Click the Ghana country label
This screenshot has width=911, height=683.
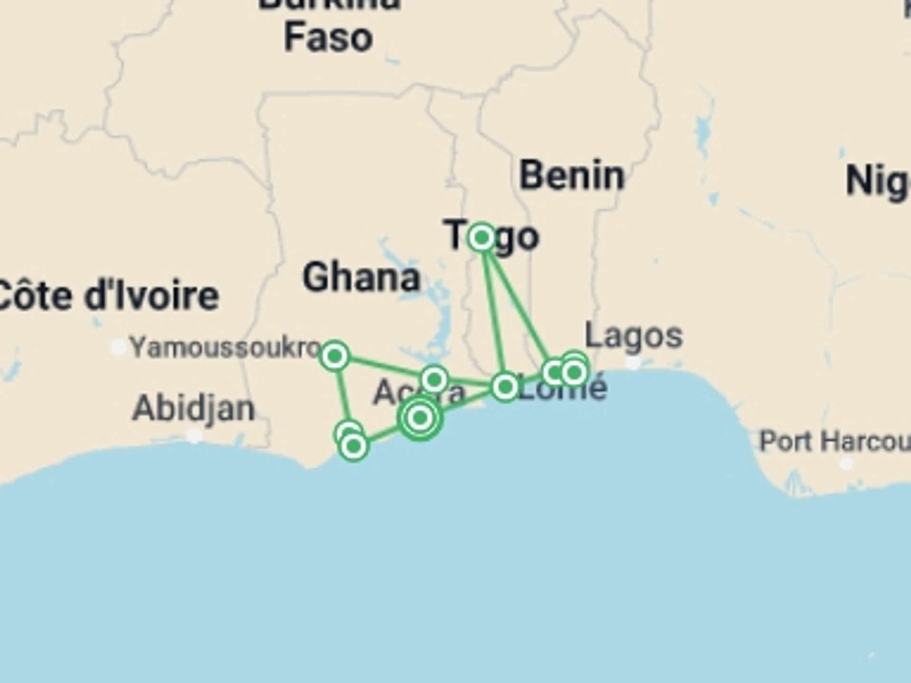(362, 278)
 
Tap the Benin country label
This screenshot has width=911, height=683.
(572, 176)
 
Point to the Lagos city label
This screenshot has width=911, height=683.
(633, 336)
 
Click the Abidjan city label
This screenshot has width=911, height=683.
(194, 408)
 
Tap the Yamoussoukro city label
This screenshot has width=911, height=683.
(226, 348)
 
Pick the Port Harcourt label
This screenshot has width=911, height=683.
(835, 442)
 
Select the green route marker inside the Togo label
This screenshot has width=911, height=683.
(482, 237)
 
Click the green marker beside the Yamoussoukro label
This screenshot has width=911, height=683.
(335, 355)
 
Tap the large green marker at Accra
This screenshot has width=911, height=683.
(420, 418)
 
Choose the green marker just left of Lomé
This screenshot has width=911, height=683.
(505, 387)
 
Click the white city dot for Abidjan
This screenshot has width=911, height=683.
(194, 435)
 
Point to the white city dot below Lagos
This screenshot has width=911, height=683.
(633, 363)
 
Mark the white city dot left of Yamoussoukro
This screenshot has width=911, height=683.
(118, 348)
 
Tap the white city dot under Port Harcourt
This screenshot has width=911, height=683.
(846, 463)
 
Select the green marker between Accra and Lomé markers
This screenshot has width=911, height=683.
(434, 379)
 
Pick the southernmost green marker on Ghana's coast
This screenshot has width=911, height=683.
(353, 446)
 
